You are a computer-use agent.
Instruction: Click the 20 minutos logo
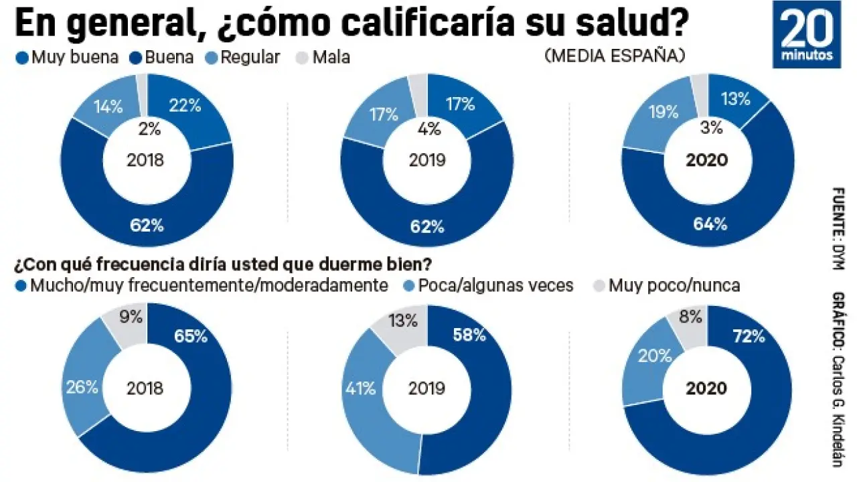point(806,34)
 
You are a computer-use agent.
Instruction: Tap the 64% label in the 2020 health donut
point(710,224)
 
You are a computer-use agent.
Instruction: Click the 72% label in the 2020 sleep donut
point(749,336)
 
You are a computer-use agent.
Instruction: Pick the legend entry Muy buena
point(67,58)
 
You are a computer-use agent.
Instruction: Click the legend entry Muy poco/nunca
point(667,286)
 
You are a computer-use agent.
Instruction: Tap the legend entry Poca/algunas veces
point(488,286)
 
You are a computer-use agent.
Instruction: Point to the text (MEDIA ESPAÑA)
point(614,56)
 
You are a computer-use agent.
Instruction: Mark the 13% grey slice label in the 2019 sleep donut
point(402,321)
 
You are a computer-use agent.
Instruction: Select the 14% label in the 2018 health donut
point(107,106)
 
